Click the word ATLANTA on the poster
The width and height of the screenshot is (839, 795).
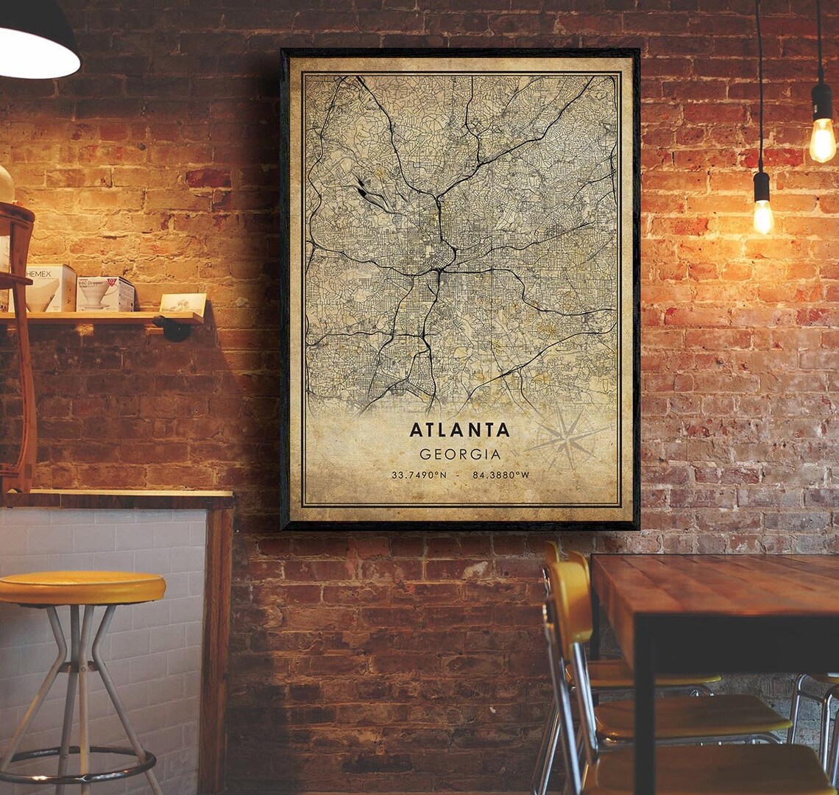pyautogui.click(x=460, y=430)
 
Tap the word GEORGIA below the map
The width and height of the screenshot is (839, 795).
pyautogui.click(x=460, y=454)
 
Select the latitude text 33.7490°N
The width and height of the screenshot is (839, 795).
pyautogui.click(x=419, y=475)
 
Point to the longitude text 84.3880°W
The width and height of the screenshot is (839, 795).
pyautogui.click(x=500, y=475)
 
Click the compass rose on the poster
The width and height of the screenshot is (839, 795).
pyautogui.click(x=565, y=439)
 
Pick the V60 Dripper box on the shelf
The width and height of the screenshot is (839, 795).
pyautogui.click(x=106, y=293)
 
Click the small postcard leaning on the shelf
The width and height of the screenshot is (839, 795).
pyautogui.click(x=183, y=303)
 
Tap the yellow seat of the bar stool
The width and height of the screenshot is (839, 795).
pyautogui.click(x=81, y=587)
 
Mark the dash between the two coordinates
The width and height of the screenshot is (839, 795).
pyautogui.click(x=460, y=475)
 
